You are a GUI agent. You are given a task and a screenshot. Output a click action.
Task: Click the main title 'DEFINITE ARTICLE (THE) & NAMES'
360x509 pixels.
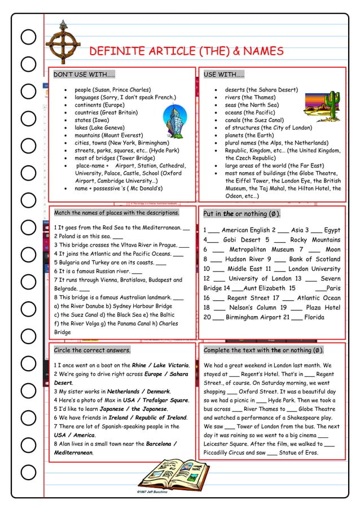[x=186, y=52]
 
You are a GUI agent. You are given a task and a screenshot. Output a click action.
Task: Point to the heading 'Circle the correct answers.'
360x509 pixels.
[x=92, y=350]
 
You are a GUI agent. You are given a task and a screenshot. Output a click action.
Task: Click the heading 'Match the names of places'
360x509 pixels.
[x=116, y=213]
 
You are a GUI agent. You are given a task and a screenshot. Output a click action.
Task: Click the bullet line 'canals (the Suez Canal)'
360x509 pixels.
[x=254, y=120]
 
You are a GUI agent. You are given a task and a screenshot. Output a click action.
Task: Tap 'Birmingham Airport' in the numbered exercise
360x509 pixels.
[x=253, y=317]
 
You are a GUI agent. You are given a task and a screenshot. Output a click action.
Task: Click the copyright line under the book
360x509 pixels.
[x=152, y=492]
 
